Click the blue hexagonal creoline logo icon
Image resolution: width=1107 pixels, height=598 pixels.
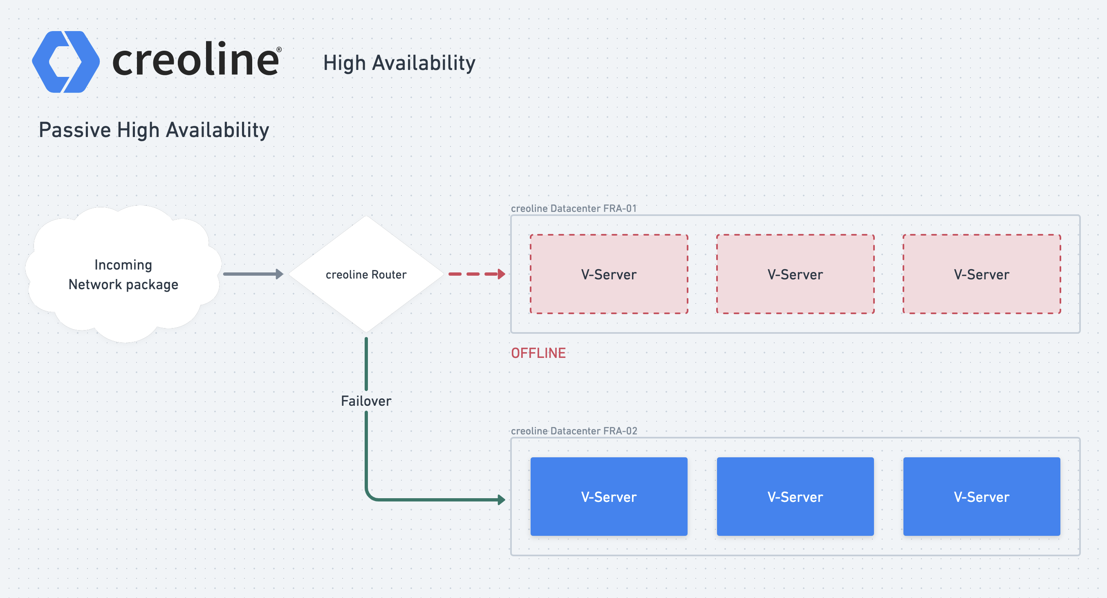(x=66, y=61)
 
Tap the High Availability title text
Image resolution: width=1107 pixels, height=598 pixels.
(x=399, y=63)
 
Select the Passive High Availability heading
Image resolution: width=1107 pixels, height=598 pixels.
(x=154, y=130)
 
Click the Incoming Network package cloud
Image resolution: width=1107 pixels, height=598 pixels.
(x=123, y=274)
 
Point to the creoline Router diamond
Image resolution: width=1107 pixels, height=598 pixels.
(x=366, y=274)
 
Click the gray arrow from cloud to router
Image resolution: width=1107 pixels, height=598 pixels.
(x=253, y=274)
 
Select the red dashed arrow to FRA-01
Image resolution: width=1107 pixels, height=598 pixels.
(x=477, y=274)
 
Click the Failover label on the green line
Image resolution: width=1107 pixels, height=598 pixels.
(x=366, y=401)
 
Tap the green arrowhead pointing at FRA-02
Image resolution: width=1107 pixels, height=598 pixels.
(x=502, y=499)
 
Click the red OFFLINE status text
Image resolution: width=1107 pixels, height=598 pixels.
(x=538, y=353)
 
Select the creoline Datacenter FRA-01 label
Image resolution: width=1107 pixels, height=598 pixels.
(x=574, y=208)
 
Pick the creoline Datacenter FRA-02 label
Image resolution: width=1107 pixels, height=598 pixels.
(x=574, y=431)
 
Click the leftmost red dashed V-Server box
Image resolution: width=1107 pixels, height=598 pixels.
(x=609, y=274)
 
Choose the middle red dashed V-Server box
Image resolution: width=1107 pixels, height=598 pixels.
(x=796, y=274)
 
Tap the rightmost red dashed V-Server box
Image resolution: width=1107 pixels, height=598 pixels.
(x=982, y=274)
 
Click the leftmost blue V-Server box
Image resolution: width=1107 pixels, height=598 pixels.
(x=609, y=497)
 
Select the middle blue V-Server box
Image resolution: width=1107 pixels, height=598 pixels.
(x=796, y=497)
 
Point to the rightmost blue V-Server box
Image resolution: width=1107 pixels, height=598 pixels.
(x=982, y=497)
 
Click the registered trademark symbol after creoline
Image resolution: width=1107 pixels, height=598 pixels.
(x=279, y=49)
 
